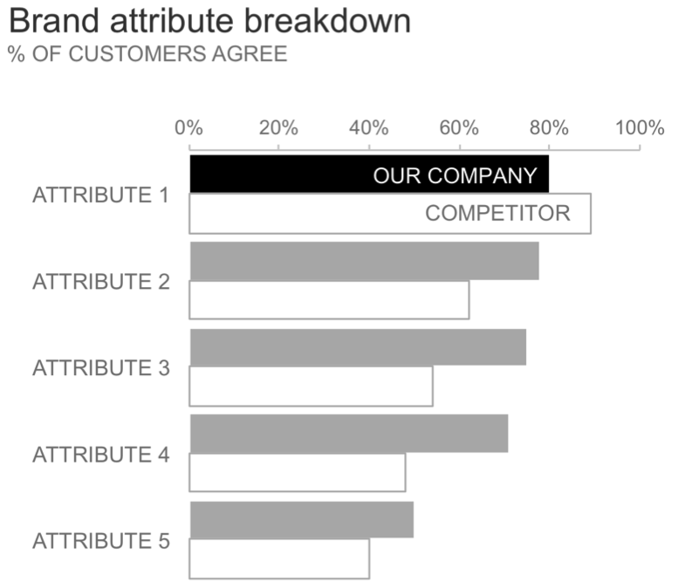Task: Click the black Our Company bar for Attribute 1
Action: [x=279, y=174]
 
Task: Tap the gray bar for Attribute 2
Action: [x=364, y=261]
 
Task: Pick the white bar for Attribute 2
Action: [x=329, y=300]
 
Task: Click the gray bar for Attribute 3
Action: [x=358, y=347]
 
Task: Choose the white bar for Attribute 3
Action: [x=311, y=386]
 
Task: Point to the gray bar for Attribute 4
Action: [x=349, y=434]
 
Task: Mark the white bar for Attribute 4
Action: [x=298, y=473]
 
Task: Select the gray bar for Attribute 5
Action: [x=301, y=520]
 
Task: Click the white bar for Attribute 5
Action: [x=279, y=559]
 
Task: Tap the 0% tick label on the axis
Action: [x=188, y=127]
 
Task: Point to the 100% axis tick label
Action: [x=640, y=127]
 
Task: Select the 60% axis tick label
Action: [x=459, y=127]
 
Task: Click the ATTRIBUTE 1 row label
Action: [x=100, y=195]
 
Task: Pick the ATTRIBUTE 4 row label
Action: [x=100, y=455]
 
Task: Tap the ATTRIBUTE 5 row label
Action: [x=100, y=541]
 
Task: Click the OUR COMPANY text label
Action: [x=455, y=175]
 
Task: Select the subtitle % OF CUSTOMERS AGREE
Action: [x=147, y=54]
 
